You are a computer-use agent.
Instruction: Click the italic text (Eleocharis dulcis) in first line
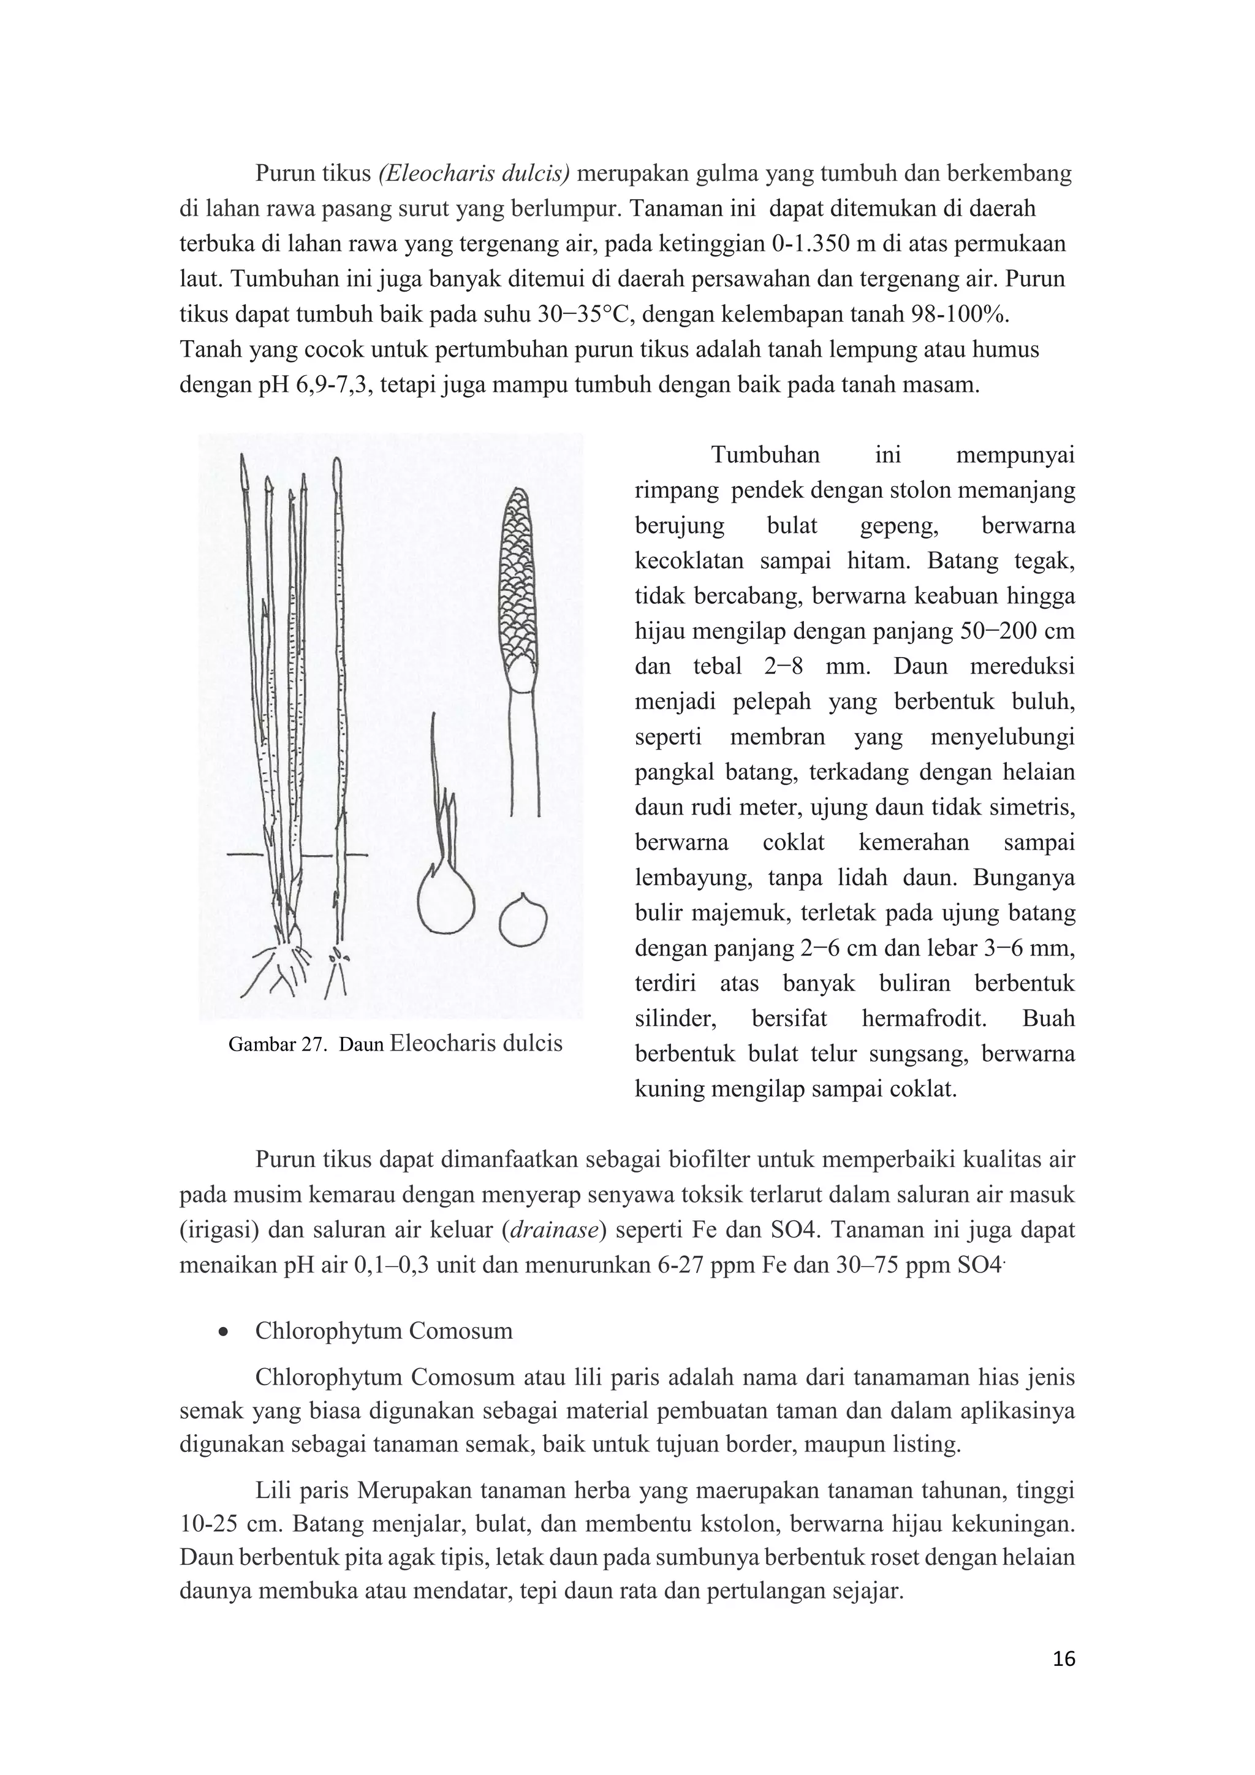tap(474, 173)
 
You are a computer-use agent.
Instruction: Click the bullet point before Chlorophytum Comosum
tap(223, 1331)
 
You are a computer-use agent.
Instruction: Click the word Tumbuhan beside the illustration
tap(765, 455)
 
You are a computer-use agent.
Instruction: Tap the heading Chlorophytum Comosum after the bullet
tap(384, 1331)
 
